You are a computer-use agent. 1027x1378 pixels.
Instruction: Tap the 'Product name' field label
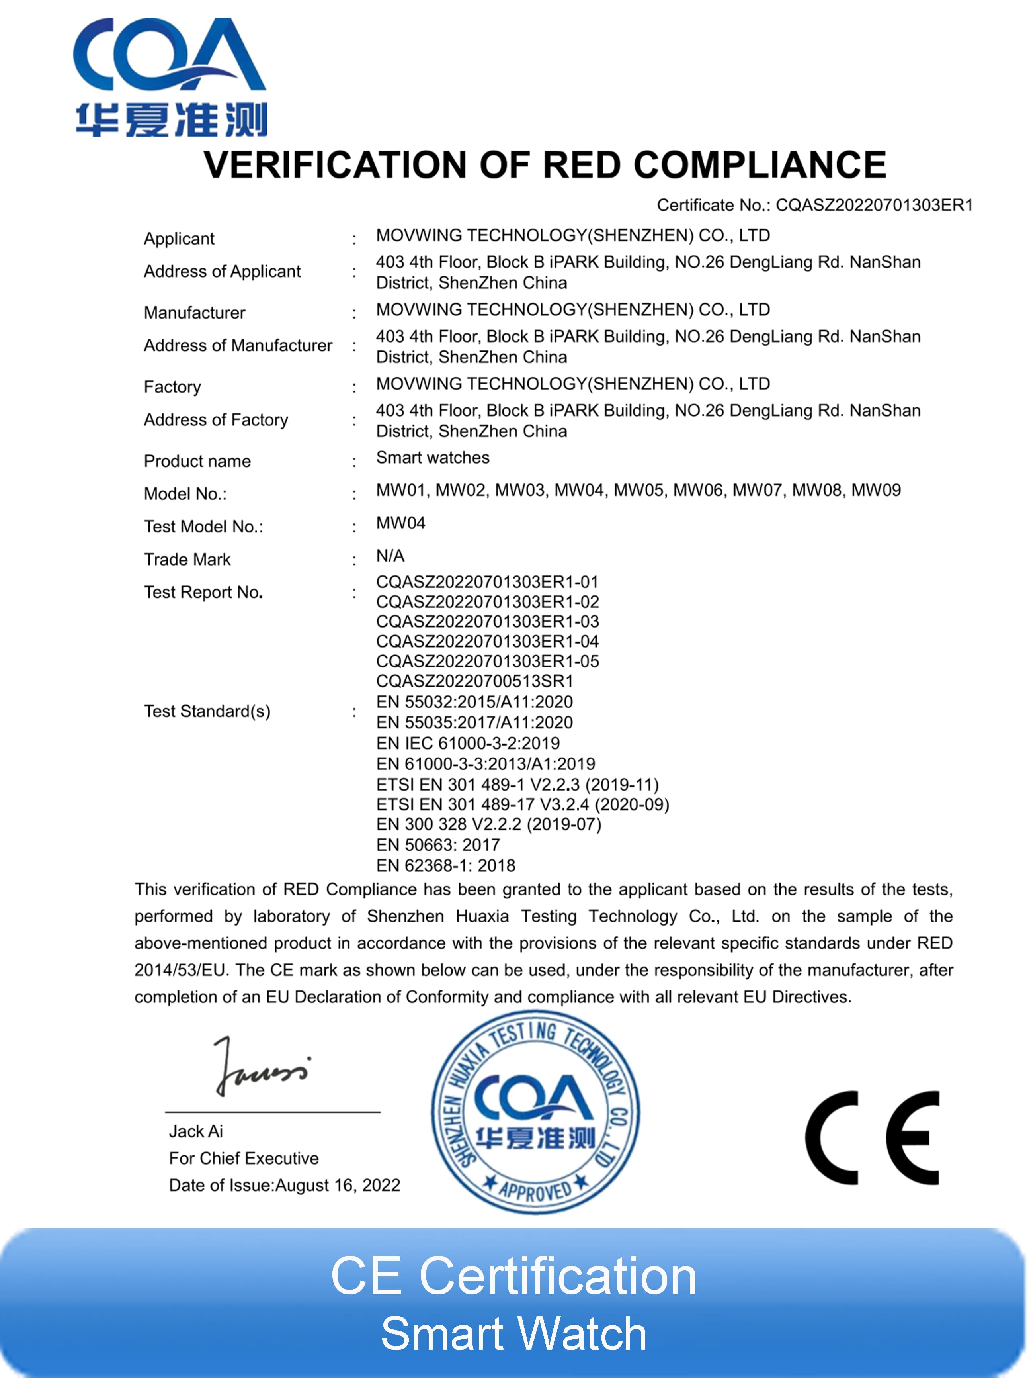click(197, 461)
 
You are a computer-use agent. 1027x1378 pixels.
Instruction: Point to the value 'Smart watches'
click(433, 458)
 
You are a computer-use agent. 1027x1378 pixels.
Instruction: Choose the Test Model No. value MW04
click(400, 523)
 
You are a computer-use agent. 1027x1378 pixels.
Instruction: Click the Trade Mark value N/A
click(390, 555)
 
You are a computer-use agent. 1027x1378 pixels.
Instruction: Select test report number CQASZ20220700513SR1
click(474, 681)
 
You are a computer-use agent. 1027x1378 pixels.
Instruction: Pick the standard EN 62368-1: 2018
click(445, 865)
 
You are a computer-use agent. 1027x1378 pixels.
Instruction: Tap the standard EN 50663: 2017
click(437, 844)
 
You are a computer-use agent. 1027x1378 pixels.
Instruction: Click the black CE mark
click(872, 1137)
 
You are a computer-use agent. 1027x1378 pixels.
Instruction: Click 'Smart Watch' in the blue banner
click(513, 1333)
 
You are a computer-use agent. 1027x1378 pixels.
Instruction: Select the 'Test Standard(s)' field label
click(207, 711)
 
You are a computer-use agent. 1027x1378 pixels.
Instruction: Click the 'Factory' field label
click(172, 387)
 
